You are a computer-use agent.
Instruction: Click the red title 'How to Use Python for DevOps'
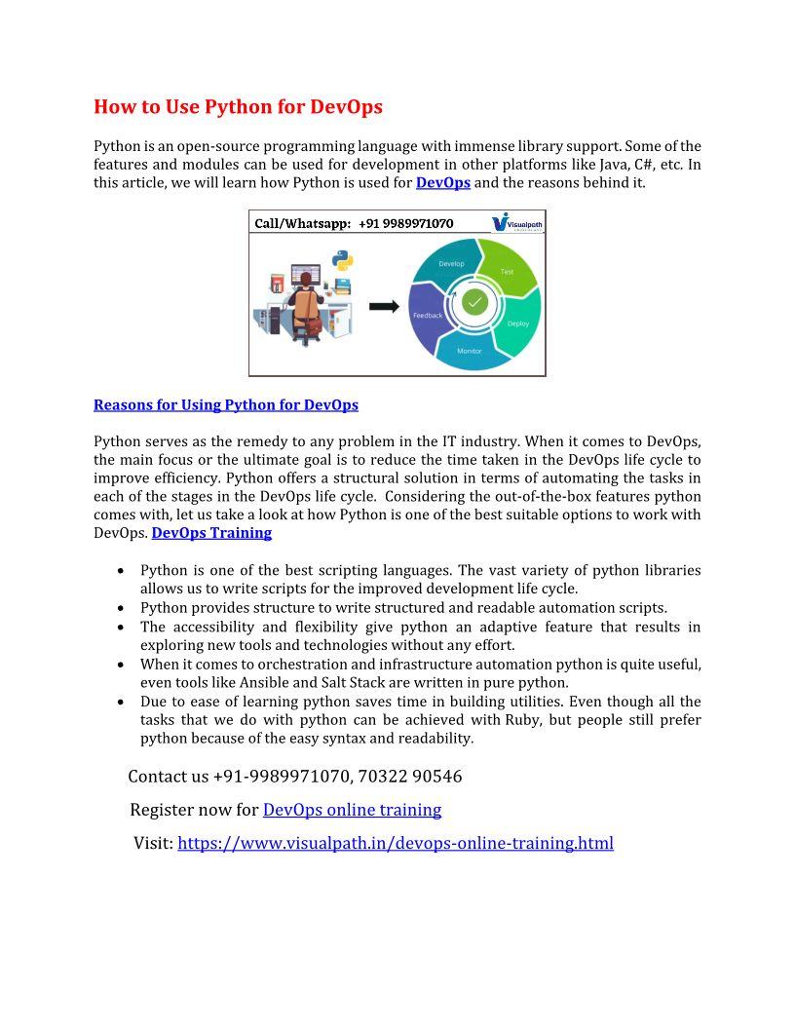point(238,107)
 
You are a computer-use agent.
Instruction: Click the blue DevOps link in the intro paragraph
point(442,182)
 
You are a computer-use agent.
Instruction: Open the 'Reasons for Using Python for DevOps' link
point(226,404)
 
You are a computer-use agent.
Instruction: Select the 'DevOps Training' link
point(211,533)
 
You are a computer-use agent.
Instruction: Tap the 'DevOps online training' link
point(352,810)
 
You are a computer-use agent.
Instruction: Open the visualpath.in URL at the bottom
point(396,843)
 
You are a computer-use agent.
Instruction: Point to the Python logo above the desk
point(342,260)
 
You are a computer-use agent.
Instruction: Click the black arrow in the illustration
point(384,306)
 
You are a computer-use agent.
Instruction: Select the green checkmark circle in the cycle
point(474,302)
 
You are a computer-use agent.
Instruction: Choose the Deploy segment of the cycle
point(517,324)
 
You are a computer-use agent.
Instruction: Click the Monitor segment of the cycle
point(470,351)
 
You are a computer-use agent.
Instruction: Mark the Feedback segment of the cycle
point(428,315)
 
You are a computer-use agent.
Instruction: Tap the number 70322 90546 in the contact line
point(410,777)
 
